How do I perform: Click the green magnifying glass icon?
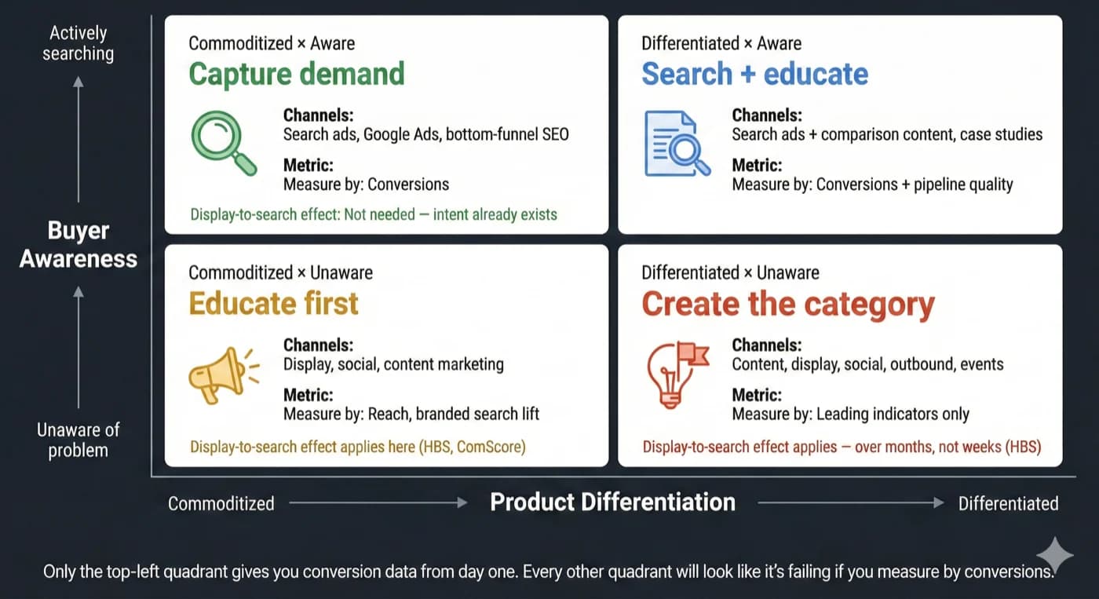coord(223,142)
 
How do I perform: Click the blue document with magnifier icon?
coord(675,144)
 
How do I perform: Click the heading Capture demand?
coord(297,74)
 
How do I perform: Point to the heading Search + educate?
coord(754,74)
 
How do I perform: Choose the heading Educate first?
coord(273,304)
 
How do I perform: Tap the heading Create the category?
coord(787,304)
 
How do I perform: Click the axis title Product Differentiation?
coord(612,502)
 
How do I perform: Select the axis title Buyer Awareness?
coord(78,244)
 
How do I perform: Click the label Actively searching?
coord(78,43)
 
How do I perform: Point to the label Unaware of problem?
coord(78,440)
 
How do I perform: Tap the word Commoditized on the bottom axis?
coord(221,503)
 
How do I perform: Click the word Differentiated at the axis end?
coord(1008,503)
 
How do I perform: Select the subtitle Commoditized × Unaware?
coord(280,273)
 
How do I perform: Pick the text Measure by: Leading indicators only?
coord(850,414)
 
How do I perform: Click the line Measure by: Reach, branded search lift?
coord(411,414)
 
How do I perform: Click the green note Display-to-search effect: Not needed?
coord(373,214)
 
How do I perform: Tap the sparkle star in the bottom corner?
coord(1054,555)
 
